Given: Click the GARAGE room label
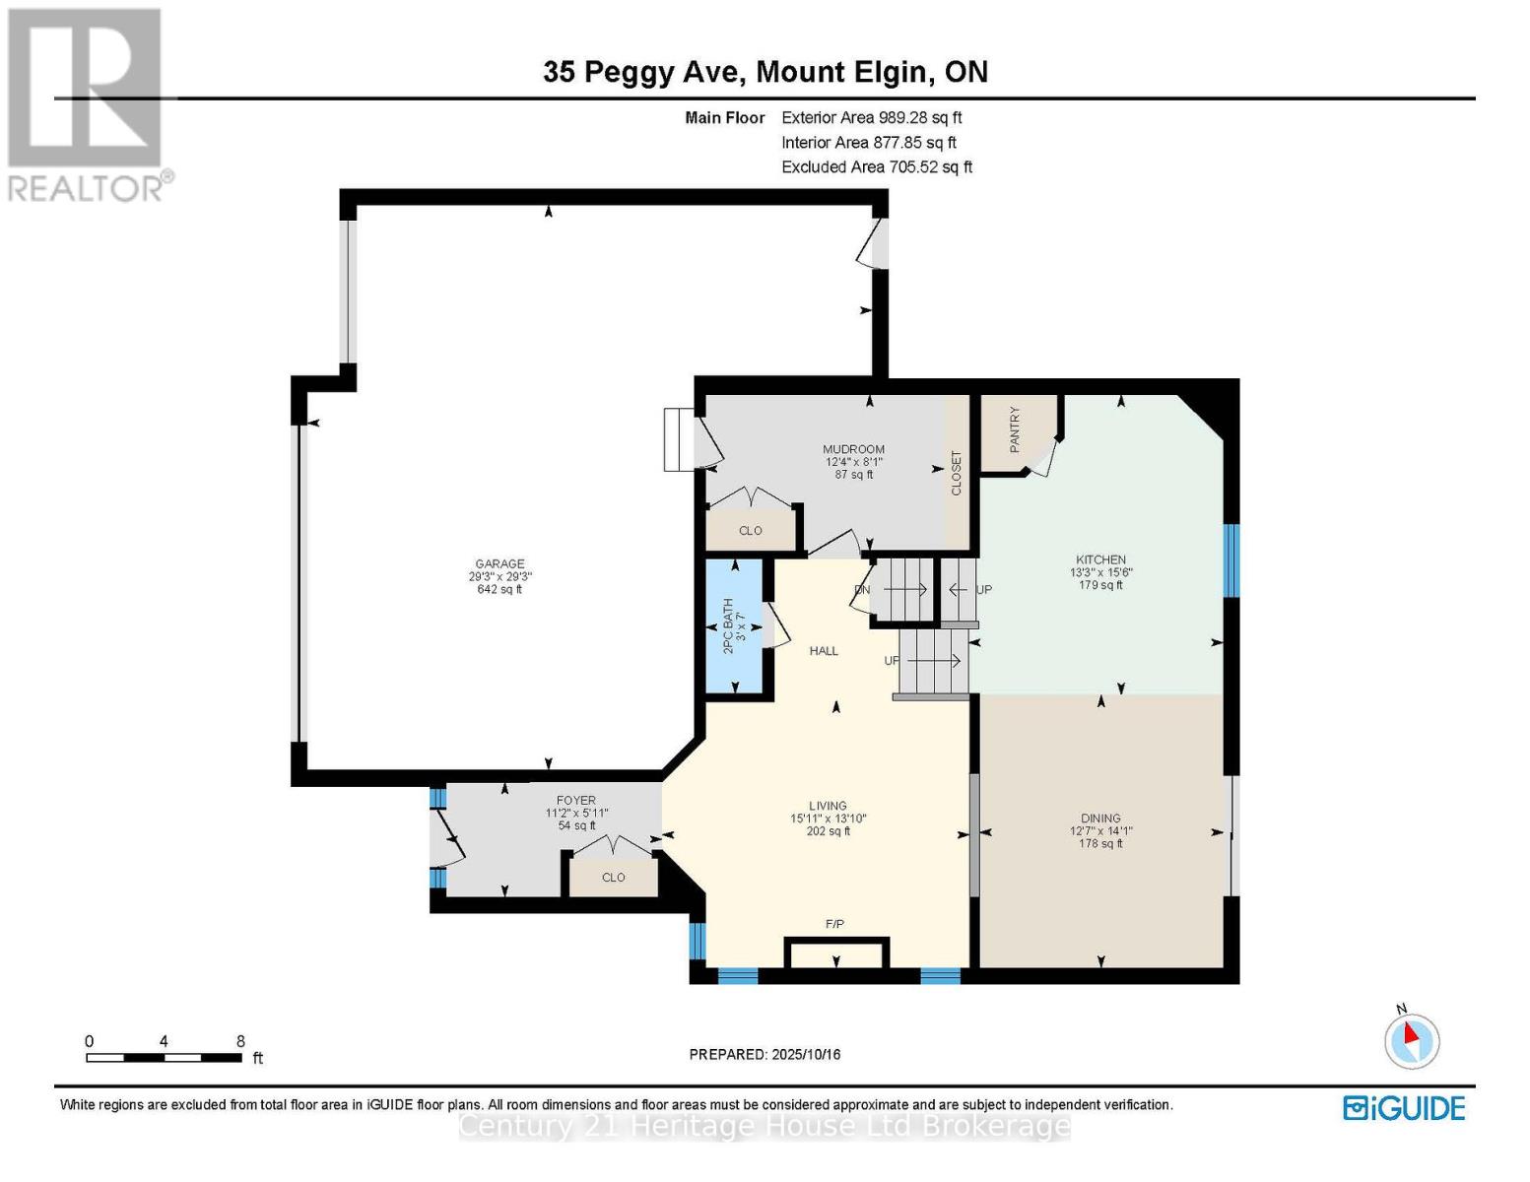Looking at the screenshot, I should (499, 564).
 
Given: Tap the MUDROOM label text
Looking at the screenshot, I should (853, 449).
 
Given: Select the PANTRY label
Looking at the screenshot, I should (1015, 429).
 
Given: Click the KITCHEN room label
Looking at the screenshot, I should (1100, 559).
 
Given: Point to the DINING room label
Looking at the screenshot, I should (1100, 818).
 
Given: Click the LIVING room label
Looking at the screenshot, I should (828, 806).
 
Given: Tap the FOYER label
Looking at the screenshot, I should (576, 801).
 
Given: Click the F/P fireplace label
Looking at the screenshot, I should (834, 924).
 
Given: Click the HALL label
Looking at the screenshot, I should (824, 650).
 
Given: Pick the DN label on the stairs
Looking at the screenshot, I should (862, 590).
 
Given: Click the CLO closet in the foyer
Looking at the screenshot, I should (613, 877).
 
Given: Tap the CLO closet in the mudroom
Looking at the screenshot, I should (750, 530).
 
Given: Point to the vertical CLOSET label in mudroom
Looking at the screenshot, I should (956, 473).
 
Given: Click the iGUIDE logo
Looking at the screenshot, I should (1404, 1108).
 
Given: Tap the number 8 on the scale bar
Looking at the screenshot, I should (240, 1041).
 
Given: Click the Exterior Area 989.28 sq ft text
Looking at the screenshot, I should (871, 117).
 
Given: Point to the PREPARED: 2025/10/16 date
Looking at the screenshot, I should (765, 1054).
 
